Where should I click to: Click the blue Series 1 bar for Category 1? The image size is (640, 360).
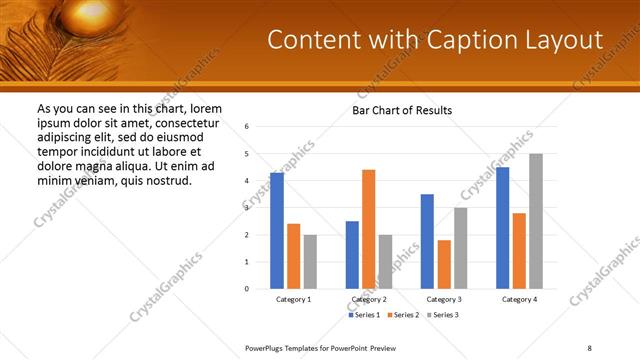(x=277, y=231)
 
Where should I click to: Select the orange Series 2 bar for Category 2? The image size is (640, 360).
(x=368, y=229)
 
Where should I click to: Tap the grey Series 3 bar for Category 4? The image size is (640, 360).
(x=536, y=221)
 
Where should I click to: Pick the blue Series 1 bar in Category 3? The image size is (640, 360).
(x=427, y=241)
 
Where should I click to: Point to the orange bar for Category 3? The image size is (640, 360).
(x=444, y=264)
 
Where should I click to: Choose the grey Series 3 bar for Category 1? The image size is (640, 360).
(x=310, y=262)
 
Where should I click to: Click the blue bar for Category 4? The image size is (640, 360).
(x=502, y=228)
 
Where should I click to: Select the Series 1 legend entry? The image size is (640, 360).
(x=364, y=315)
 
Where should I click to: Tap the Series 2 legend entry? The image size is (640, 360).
(x=402, y=315)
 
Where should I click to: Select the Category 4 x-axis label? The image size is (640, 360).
(x=519, y=300)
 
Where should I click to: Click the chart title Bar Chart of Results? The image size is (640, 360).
(x=402, y=109)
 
